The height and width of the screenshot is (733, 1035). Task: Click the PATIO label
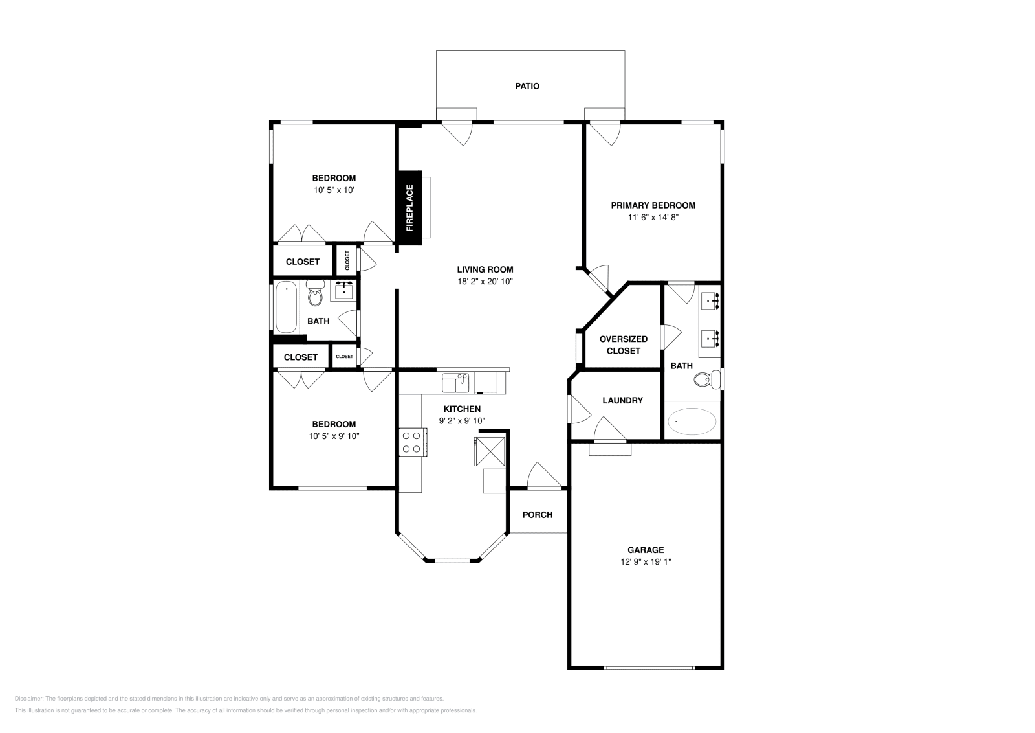coord(527,86)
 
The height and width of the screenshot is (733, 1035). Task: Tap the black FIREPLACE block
coord(409,208)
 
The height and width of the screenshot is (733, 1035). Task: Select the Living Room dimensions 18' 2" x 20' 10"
coord(485,282)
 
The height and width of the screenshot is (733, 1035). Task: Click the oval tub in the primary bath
coord(692,421)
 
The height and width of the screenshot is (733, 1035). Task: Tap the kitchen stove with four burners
coord(411,442)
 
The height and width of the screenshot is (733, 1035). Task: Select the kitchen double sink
coord(455,383)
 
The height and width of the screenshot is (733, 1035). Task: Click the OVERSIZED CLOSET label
coord(623,344)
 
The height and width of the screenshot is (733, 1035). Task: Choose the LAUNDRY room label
coord(622,401)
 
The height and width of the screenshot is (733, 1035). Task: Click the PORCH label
coord(537,515)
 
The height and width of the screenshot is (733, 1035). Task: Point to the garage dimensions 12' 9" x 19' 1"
coord(646,562)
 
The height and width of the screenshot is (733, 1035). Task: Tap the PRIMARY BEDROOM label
coord(653,205)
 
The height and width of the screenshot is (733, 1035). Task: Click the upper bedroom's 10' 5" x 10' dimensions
coord(334,190)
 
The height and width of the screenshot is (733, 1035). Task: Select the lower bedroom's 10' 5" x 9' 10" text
coord(334,436)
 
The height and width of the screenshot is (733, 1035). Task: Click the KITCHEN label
coord(462,409)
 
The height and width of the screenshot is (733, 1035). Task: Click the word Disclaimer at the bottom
coord(28,699)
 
